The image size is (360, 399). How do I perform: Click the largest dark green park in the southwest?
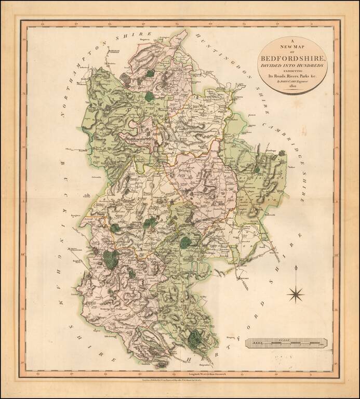point(111,259)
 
